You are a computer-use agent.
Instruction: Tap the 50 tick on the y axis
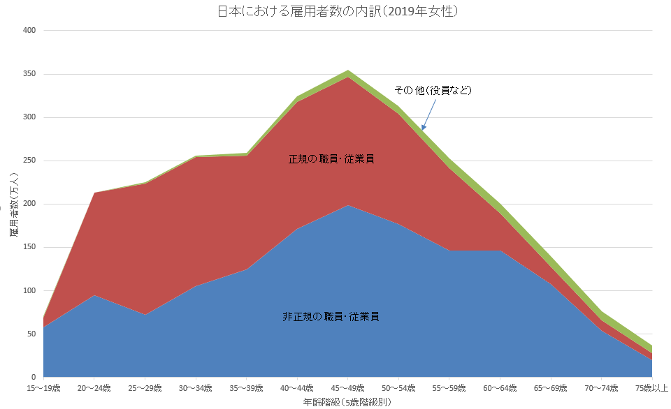30,334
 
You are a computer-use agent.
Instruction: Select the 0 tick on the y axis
33,377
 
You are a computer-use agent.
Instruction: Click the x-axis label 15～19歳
44,388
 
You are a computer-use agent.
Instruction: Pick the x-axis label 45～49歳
347,388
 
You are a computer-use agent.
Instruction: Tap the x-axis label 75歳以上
651,388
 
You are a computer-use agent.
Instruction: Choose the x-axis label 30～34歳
196,388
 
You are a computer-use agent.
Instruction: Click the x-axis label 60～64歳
499,388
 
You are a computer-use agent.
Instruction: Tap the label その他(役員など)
433,90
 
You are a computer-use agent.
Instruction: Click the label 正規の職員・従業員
331,159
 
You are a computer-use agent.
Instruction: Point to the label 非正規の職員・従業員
331,317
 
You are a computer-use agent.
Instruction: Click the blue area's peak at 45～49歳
347,207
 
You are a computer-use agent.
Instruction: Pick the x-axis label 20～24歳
94,388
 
